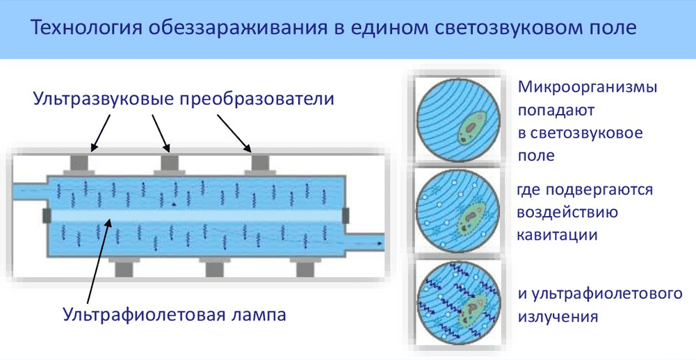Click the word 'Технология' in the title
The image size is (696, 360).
tap(86, 28)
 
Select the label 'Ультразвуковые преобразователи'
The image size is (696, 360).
tap(184, 99)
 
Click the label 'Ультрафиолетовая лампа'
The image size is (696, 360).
tap(174, 315)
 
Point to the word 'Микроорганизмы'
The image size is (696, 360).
tap(588, 87)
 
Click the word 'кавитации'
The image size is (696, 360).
tap(557, 234)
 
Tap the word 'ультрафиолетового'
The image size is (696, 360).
tap(607, 294)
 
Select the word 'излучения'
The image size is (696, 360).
tap(558, 317)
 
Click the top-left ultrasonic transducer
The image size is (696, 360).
tap(79, 164)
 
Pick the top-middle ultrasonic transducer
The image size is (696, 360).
tap(169, 164)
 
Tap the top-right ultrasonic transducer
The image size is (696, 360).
tap(260, 164)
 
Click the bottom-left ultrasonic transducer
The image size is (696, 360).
tap(124, 268)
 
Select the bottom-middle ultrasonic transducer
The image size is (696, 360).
tap(214, 268)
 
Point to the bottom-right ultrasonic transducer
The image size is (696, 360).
tap(305, 268)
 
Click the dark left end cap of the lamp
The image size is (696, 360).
tap(47, 215)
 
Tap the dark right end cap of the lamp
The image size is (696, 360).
tap(346, 215)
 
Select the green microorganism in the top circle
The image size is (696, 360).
tap(471, 129)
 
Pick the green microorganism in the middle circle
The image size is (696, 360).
tap(471, 218)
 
